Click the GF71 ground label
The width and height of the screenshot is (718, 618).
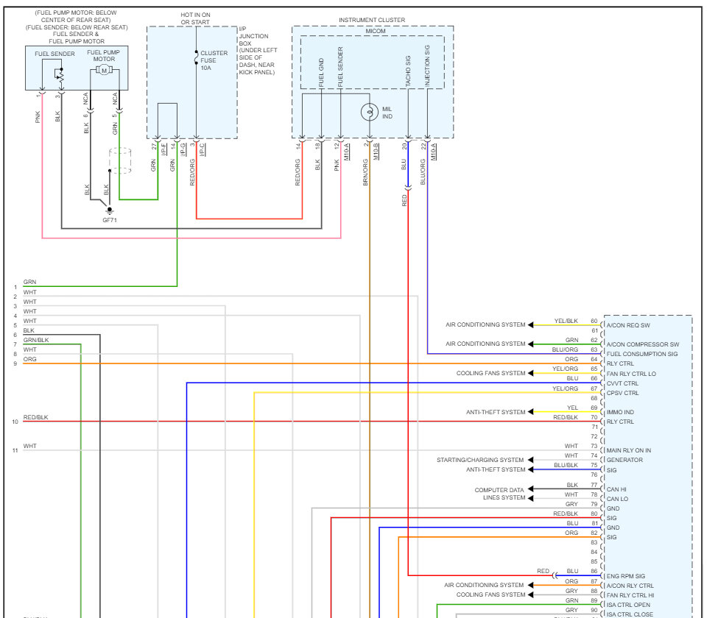click(109, 219)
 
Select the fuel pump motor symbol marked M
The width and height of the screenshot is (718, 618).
click(104, 70)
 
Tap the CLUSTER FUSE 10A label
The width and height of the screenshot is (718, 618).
click(214, 60)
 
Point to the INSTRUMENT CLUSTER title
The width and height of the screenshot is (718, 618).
click(372, 20)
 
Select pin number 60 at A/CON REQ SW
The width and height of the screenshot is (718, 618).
click(594, 322)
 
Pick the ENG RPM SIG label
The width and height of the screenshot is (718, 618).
click(625, 576)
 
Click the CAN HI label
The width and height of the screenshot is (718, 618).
click(617, 489)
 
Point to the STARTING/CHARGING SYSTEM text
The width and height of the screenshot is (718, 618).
click(480, 460)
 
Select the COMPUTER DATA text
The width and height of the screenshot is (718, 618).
click(499, 490)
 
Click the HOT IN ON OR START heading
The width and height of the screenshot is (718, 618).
click(195, 18)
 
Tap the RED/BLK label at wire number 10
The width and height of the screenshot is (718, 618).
click(35, 418)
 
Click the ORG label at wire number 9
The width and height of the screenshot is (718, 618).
click(29, 359)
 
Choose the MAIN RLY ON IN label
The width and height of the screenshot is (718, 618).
click(628, 450)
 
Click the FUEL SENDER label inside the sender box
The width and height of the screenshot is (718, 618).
click(54, 54)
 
